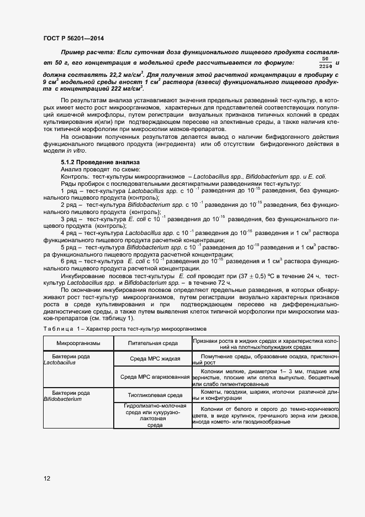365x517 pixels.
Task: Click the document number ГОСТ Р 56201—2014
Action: (73, 38)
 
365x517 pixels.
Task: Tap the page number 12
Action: (47, 478)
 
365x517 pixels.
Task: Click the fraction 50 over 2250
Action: (326, 62)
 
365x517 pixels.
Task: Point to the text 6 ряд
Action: (69, 260)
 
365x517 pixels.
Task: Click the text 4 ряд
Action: (69, 232)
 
